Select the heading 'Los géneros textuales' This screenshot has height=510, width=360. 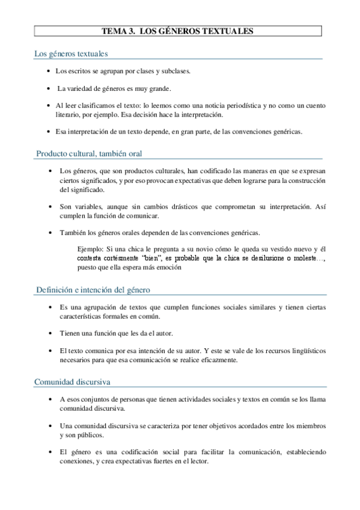(71, 54)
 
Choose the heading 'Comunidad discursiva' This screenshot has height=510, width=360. (72, 381)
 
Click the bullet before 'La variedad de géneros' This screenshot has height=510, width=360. (49, 88)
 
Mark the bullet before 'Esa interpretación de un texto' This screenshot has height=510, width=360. (49, 131)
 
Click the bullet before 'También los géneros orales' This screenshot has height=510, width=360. (49, 233)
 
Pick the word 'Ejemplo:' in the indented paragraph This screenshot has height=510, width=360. (91, 248)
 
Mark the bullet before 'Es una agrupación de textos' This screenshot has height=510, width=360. (49, 307)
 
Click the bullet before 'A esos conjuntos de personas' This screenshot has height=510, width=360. (49, 399)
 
